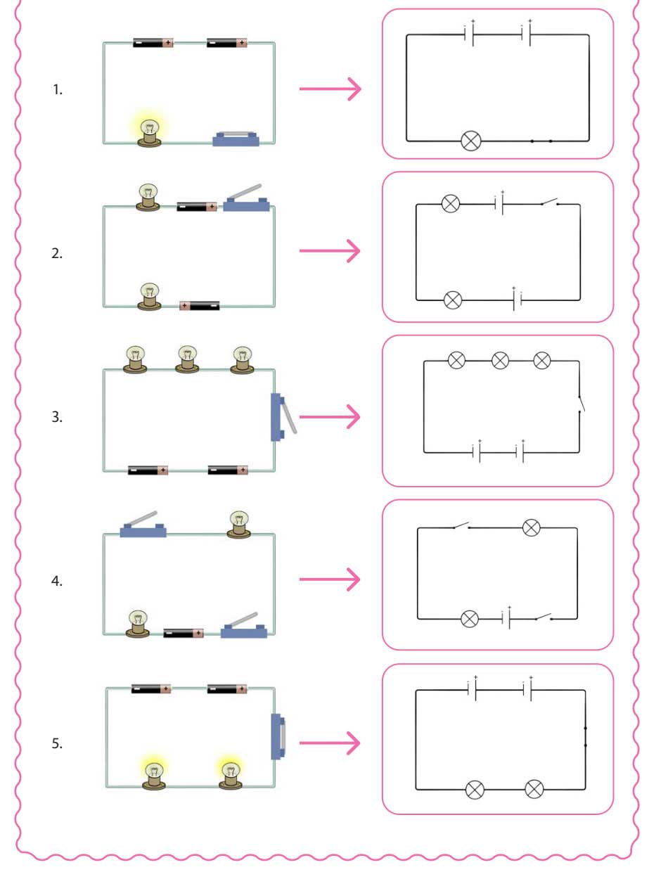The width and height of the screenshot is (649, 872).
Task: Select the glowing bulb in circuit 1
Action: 148,132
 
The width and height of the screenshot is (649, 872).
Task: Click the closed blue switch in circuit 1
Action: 236,139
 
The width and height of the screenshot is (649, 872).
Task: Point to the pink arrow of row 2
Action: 330,251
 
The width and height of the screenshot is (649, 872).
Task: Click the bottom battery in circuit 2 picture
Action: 200,305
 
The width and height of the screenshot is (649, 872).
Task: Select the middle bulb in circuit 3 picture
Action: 187,359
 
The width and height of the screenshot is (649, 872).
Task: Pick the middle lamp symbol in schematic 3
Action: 500,361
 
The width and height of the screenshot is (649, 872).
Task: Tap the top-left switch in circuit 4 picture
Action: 143,526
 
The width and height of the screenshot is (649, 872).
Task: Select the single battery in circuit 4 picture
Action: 184,633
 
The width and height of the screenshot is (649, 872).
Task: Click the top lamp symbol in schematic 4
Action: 532,527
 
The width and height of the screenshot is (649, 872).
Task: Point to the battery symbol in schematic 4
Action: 506,618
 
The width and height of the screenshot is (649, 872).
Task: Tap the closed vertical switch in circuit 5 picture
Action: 278,737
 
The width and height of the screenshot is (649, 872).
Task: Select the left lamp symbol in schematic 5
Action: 475,789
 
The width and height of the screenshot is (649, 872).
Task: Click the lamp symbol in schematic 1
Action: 470,141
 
